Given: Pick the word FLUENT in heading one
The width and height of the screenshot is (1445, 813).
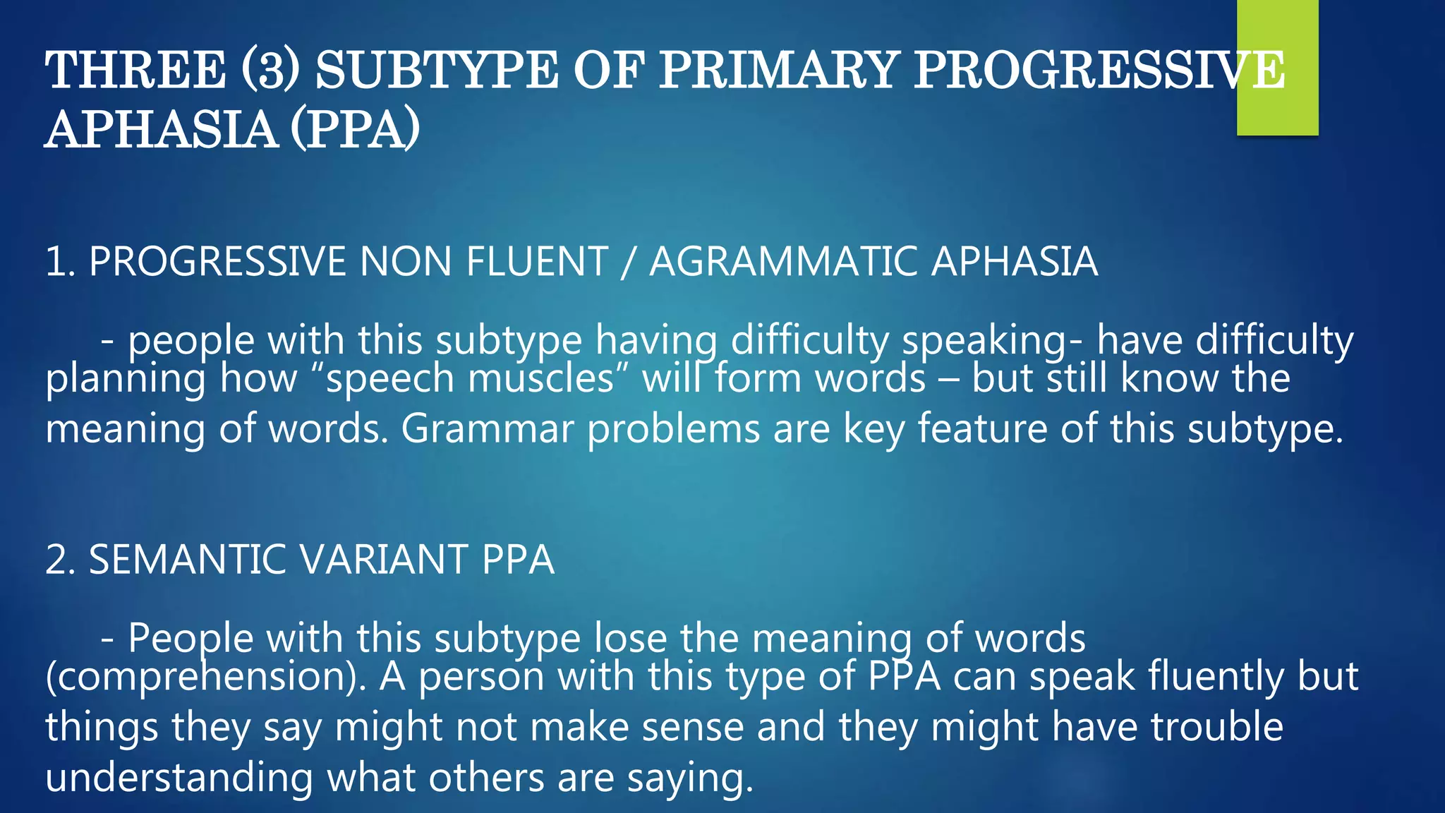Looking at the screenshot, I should point(536,262).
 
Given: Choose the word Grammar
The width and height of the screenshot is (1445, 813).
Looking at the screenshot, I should point(488,428).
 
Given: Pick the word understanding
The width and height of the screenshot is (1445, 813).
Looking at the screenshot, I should point(179,778).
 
